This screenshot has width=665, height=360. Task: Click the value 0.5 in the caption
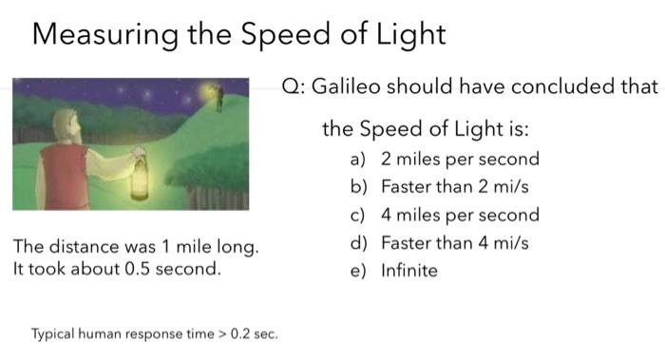137,269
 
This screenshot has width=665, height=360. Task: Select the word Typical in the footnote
52,334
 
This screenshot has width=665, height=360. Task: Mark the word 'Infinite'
408,271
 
